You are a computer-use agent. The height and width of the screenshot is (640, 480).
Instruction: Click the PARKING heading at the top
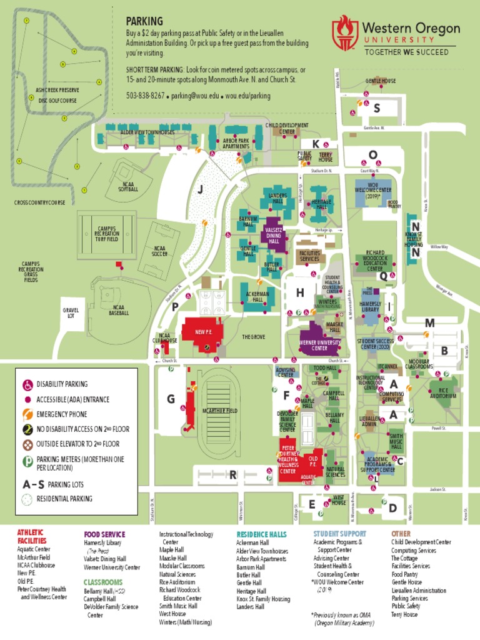pos(144,21)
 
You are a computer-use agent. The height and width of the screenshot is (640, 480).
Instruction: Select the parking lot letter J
pos(200,190)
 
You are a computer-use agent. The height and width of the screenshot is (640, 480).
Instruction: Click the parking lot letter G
pos(171,399)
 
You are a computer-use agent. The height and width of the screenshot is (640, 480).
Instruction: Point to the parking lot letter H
pos(300,292)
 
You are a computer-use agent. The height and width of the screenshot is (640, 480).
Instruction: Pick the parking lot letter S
pos(377,108)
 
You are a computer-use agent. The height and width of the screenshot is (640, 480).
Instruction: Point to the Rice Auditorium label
pos(442,392)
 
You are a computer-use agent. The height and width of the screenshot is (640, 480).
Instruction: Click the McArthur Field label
pos(220,410)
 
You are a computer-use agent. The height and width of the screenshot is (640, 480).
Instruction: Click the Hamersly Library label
pos(370,307)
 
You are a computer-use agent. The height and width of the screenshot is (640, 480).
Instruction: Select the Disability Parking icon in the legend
pos(28,384)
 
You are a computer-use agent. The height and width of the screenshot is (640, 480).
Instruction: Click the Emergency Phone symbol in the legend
pos(28,414)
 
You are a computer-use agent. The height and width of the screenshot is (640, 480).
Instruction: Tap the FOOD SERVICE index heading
pos(104,534)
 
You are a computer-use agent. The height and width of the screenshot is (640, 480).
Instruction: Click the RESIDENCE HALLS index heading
pos(261,534)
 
